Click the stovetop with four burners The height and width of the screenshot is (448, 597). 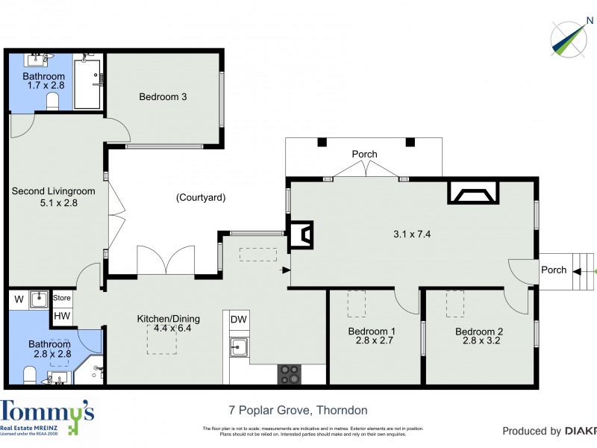pyautogui.click(x=290, y=374)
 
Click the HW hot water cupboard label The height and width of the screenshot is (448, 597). pyautogui.click(x=61, y=317)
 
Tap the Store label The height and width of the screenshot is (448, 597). pyautogui.click(x=62, y=299)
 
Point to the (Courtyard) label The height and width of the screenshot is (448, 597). pyautogui.click(x=201, y=198)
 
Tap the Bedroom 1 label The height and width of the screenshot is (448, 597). pyautogui.click(x=372, y=332)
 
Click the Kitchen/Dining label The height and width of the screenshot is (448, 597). pyautogui.click(x=168, y=319)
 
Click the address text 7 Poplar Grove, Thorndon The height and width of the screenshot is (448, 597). pyautogui.click(x=298, y=410)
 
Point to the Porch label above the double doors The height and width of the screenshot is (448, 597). pyautogui.click(x=364, y=155)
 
